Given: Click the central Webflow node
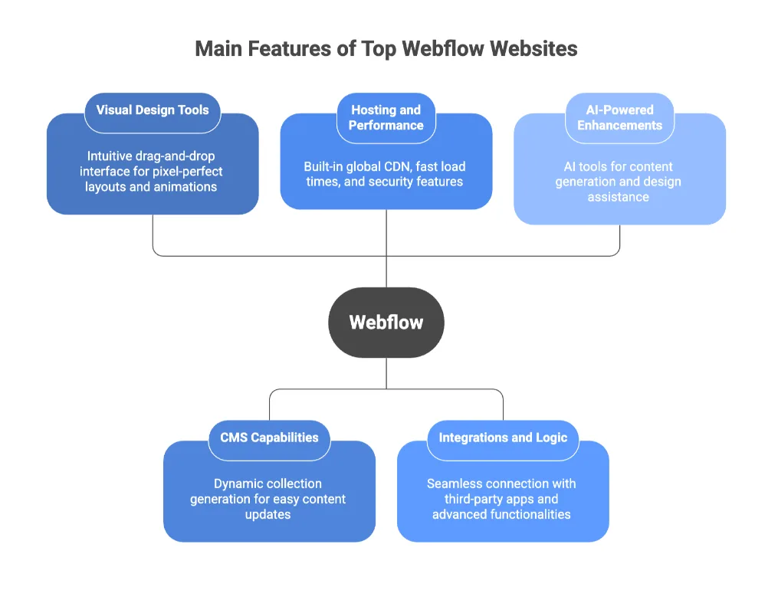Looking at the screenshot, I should pyautogui.click(x=386, y=322).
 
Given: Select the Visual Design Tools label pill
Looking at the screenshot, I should pyautogui.click(x=152, y=110).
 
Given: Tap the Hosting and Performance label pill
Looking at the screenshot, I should pyautogui.click(x=386, y=118).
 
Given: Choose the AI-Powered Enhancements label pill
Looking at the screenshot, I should pyautogui.click(x=619, y=118).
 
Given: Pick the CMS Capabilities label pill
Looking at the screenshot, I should pyautogui.click(x=269, y=438).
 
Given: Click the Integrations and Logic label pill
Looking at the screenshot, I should pyautogui.click(x=503, y=438).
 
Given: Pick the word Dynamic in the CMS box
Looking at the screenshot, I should pyautogui.click(x=236, y=484).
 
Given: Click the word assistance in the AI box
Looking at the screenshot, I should pyautogui.click(x=619, y=197).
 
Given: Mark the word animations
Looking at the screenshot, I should pyautogui.click(x=184, y=187).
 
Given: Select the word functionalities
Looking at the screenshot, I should pyautogui.click(x=527, y=514).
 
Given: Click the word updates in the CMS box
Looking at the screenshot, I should pyautogui.click(x=268, y=514).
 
